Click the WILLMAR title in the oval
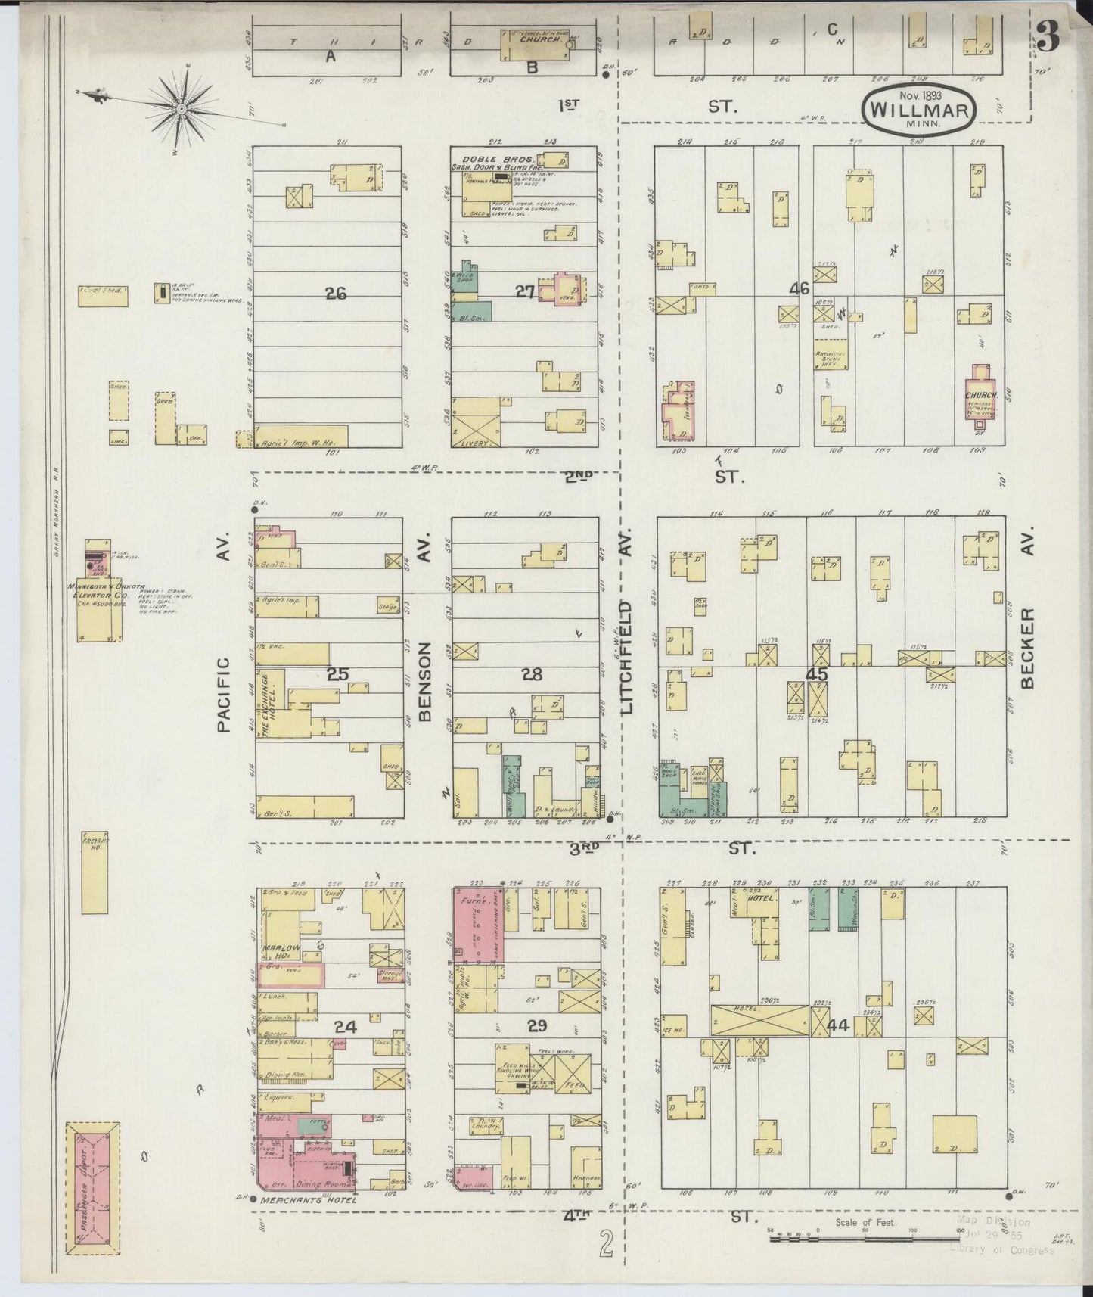[x=919, y=108]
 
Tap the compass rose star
[x=182, y=110]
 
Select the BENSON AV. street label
[x=424, y=681]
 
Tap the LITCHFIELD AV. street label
[x=626, y=658]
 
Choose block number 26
[x=335, y=293]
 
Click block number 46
[x=799, y=288]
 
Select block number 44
[x=837, y=1026]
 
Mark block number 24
[x=345, y=1027]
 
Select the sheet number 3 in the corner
[x=1047, y=36]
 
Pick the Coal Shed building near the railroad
[x=103, y=295]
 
